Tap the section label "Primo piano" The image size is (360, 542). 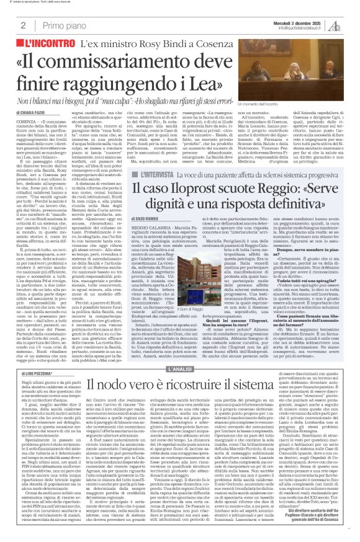[x=53, y=25]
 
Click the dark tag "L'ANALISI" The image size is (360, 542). [x=180, y=352]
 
